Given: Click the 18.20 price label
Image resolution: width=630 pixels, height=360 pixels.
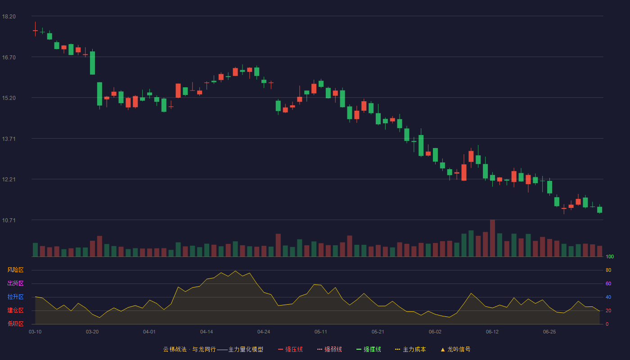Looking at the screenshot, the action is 9,17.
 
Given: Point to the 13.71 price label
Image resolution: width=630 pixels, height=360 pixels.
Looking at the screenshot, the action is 9,139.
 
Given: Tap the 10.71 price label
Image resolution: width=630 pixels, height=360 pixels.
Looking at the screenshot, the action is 9,220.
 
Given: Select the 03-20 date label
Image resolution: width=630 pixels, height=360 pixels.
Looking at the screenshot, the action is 92,332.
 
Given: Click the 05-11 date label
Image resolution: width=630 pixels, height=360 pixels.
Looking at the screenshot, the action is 320,332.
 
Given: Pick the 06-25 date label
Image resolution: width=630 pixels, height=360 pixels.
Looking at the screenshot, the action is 549,332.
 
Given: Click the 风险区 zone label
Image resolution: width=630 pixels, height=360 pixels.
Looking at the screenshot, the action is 15,270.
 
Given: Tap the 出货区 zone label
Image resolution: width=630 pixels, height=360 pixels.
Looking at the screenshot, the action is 15,283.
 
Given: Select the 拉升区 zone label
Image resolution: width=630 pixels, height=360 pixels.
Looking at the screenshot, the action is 15,297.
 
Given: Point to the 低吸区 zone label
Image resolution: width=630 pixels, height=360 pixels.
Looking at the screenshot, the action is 15,324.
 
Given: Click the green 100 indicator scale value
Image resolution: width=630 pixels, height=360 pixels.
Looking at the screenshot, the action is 610,256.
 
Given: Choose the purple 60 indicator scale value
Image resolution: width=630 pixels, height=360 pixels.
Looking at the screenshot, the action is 608,283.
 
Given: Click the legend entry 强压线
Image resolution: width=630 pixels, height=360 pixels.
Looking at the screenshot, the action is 290,349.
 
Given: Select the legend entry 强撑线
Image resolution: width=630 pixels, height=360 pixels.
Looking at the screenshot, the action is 369,349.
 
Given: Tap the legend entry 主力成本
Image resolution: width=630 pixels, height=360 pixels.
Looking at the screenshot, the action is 410,349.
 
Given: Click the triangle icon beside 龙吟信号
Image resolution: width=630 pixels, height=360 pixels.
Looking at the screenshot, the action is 443,350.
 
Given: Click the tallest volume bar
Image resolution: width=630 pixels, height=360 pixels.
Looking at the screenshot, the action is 492,238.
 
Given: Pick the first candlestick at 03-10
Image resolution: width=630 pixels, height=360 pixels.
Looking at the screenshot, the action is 35,29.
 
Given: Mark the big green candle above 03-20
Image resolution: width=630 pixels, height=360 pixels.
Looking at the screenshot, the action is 92,63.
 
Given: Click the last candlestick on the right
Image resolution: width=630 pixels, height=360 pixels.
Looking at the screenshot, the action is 599,209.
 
